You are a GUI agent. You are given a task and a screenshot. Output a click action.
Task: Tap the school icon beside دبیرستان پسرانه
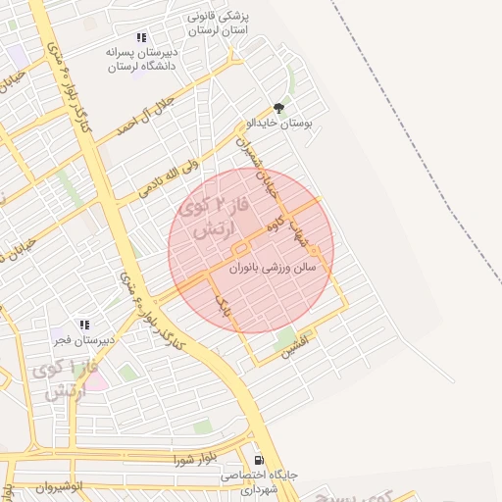coord(142,37)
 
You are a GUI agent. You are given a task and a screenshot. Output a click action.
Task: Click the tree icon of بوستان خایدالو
coord(279,109)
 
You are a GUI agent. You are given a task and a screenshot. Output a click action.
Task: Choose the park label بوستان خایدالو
coord(280,125)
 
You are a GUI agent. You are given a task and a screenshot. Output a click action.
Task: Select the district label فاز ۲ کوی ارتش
coord(217,220)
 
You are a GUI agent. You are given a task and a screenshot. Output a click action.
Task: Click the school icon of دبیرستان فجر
coord(84,325)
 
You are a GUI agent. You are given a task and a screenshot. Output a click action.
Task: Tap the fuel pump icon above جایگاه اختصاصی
coord(258,459)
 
